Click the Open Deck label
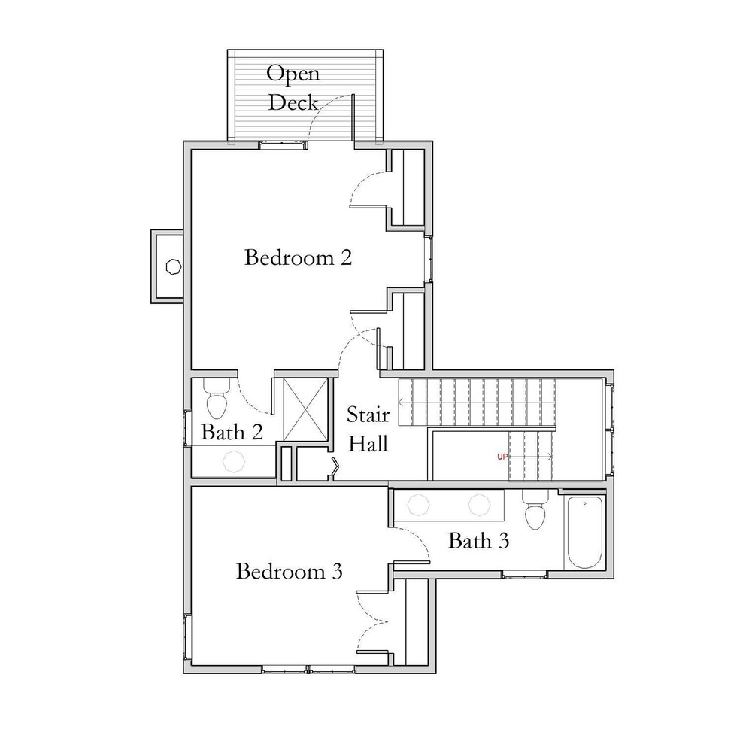pos(293,87)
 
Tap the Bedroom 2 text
pos(298,258)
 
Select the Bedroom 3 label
pos(290,572)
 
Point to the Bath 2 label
pos(232,433)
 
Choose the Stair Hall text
pos(368,430)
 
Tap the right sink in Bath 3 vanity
pos(479,506)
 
